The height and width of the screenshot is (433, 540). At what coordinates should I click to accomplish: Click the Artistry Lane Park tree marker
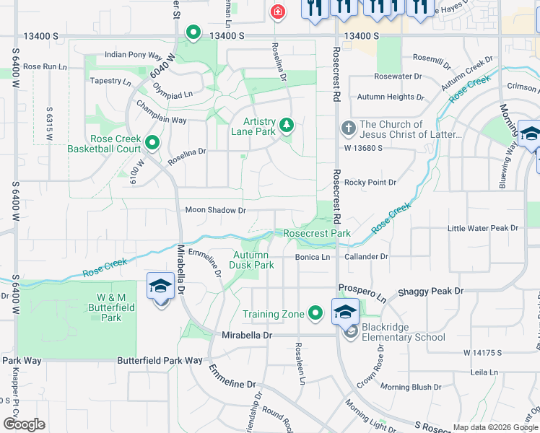point(287,126)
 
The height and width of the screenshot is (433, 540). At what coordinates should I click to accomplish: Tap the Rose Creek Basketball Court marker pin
point(152,142)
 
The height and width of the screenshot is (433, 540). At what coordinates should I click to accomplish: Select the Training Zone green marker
point(315,313)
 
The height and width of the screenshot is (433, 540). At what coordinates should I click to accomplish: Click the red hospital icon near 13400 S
point(276,12)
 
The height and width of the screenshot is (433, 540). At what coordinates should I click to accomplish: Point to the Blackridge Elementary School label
point(395,332)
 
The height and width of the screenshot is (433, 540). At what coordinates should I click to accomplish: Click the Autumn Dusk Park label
point(253,260)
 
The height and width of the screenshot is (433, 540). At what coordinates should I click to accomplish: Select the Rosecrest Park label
point(316,233)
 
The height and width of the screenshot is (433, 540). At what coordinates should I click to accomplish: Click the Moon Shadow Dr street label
point(216,210)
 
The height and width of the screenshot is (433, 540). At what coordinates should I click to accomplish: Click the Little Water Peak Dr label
point(483,228)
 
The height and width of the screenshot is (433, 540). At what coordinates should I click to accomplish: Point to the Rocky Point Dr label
point(370,183)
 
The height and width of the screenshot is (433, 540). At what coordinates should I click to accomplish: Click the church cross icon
point(348,129)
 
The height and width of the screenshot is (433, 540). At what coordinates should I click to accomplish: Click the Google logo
point(24,424)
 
